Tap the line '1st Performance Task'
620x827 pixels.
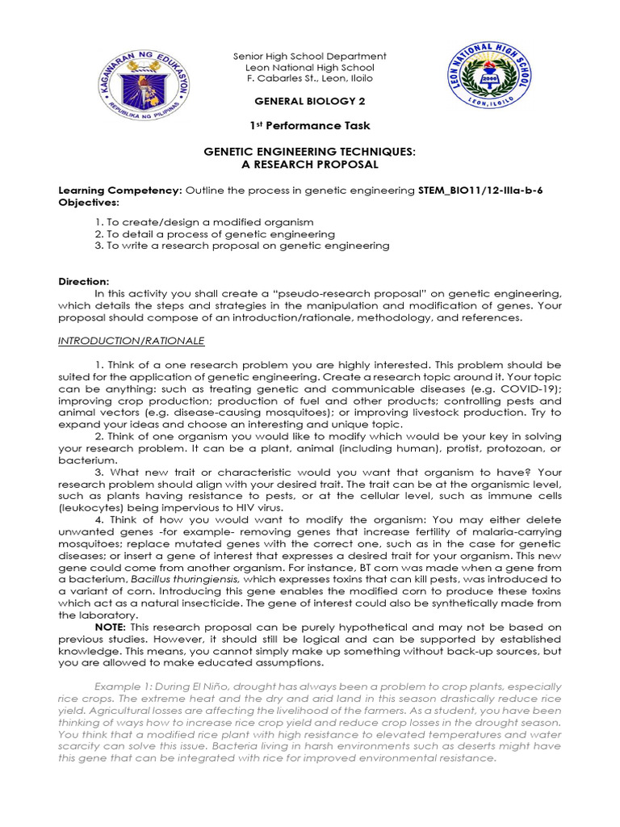[309, 125]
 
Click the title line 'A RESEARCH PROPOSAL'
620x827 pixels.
[309, 164]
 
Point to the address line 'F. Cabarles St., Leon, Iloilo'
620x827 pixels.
[309, 78]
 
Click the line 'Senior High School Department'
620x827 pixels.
[309, 57]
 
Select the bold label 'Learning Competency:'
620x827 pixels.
[120, 190]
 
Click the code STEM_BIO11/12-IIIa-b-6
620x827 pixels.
[485, 190]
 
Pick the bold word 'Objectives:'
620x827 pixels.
[89, 201]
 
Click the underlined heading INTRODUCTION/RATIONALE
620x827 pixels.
[131, 341]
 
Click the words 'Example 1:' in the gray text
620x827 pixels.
[90, 686]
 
